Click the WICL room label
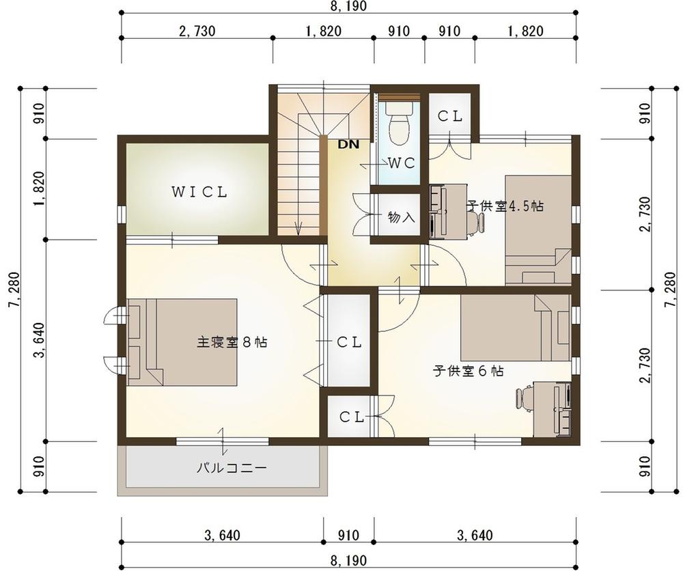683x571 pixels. click(199, 192)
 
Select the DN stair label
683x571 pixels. click(349, 144)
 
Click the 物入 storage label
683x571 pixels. click(401, 217)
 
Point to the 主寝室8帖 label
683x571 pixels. click(232, 342)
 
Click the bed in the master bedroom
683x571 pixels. click(182, 342)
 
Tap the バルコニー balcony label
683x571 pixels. click(232, 469)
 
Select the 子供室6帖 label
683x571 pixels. click(469, 371)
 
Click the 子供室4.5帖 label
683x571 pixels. click(505, 206)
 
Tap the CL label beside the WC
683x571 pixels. click(449, 116)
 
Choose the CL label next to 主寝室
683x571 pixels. click(349, 342)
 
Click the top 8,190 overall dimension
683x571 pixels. click(348, 6)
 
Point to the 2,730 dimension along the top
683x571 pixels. click(197, 31)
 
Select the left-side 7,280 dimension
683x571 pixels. click(14, 290)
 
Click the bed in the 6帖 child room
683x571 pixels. click(515, 328)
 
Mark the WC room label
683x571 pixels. click(402, 163)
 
